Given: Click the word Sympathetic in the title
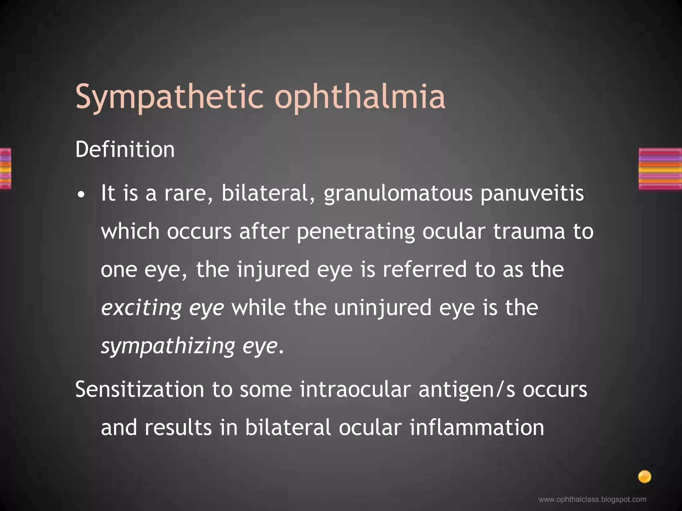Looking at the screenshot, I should point(170,97).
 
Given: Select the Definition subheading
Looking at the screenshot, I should point(125,149).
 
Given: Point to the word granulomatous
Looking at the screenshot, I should point(398,194).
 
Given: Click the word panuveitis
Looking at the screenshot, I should point(532,194).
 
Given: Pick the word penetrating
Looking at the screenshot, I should point(356,232).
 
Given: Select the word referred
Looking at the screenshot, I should point(425,269).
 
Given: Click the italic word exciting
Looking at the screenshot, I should point(141,308).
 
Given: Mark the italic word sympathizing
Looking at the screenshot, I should point(168,346).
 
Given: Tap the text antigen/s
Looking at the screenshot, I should point(467,390).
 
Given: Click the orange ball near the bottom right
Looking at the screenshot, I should point(644,477).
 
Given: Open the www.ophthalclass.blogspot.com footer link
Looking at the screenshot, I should point(592,499).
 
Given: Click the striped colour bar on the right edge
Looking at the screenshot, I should point(660,169).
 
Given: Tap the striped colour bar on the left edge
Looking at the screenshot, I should point(5,169).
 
